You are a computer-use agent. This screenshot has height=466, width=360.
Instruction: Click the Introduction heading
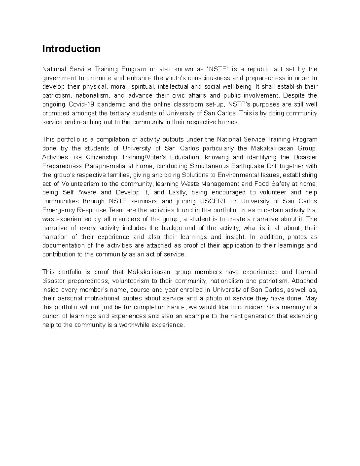pyautogui.click(x=71, y=49)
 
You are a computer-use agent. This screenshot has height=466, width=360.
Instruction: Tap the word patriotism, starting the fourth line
pyautogui.click(x=57, y=95)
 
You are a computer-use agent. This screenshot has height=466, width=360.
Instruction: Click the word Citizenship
pyautogui.click(x=102, y=157)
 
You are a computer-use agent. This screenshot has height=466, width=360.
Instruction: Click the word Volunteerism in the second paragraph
pyautogui.click(x=80, y=184)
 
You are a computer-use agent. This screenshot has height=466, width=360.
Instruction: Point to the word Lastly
pyautogui.click(x=177, y=192)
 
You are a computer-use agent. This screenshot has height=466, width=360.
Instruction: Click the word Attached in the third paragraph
pyautogui.click(x=304, y=281)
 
